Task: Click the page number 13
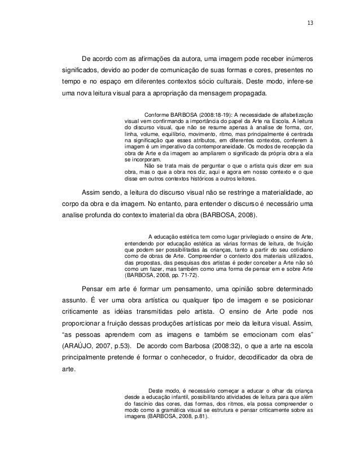(x=310, y=23)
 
